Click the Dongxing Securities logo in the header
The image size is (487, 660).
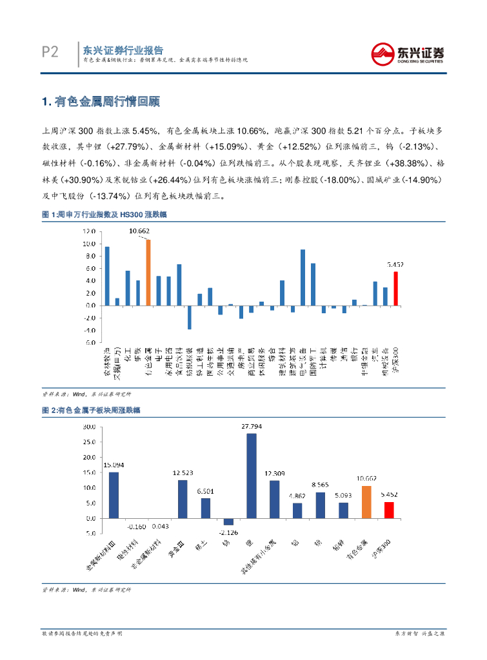408,53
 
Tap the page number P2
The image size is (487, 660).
50,52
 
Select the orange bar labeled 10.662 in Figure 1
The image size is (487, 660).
148,272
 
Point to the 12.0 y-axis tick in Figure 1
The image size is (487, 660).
90,231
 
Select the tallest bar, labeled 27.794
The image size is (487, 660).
252,476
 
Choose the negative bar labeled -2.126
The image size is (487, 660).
228,521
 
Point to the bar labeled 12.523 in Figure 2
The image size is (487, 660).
183,499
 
